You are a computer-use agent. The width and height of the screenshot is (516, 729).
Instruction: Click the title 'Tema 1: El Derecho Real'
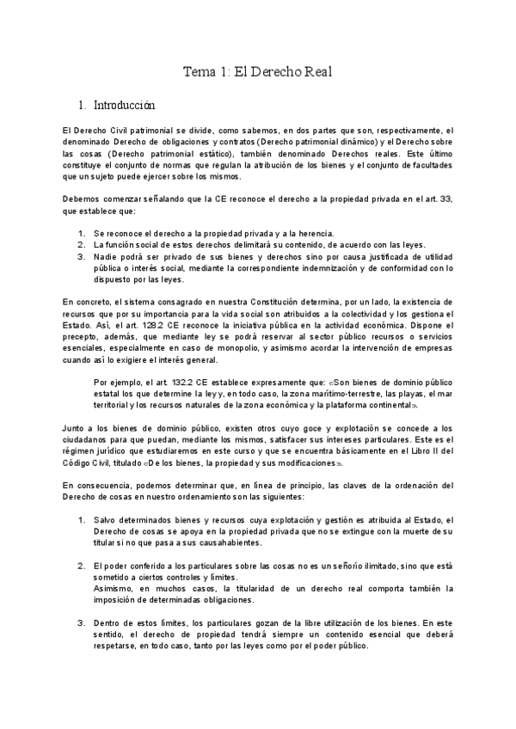tap(258, 72)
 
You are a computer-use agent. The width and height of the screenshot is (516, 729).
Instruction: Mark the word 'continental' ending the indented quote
tap(390, 409)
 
